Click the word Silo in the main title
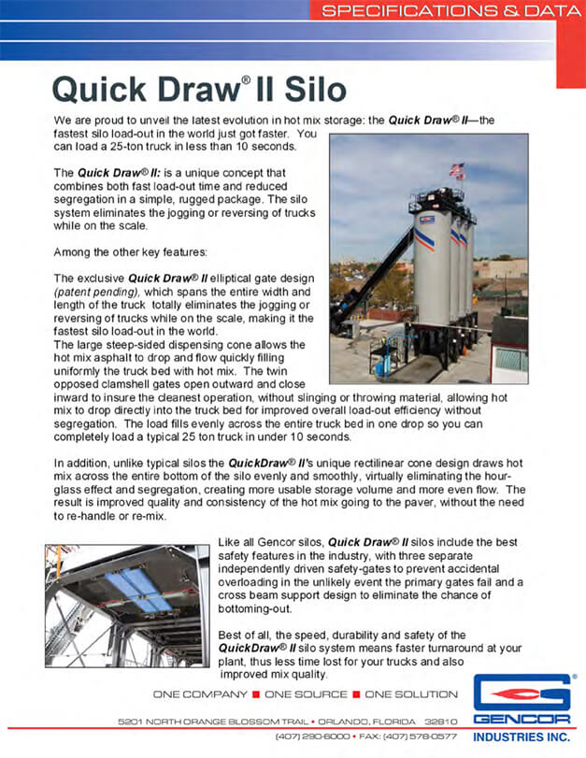316,90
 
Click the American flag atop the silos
457,170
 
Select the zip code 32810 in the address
440,722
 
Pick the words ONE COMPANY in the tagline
193,694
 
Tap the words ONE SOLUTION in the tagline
411,694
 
